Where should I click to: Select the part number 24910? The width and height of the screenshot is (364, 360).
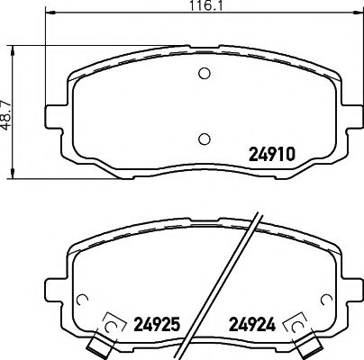coord(272,155)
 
